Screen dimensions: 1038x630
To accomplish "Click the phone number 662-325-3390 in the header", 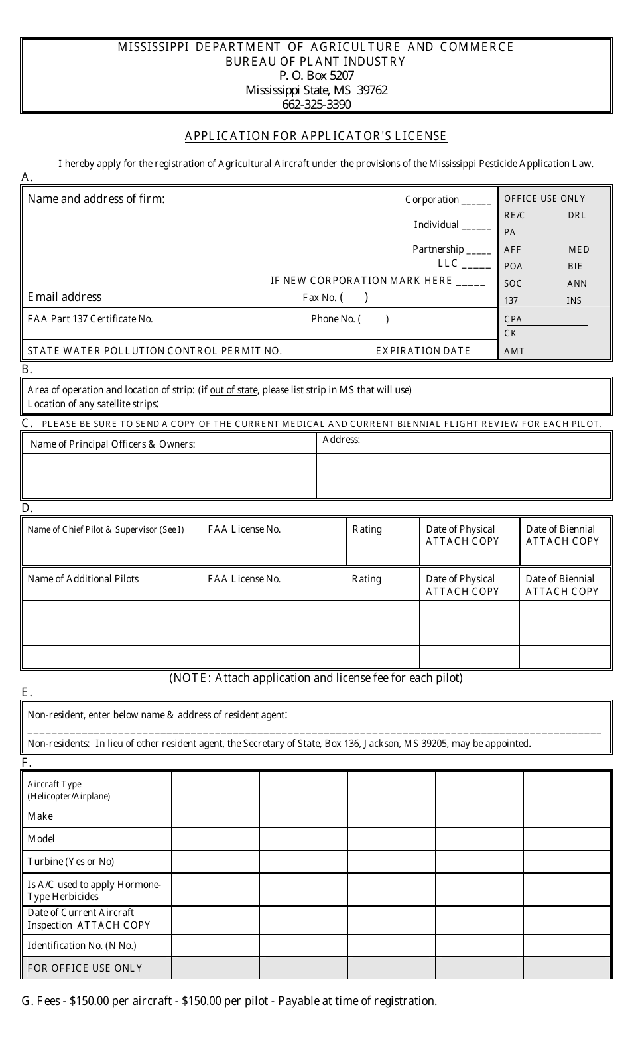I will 316,104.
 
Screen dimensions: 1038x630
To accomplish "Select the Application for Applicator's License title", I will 316,136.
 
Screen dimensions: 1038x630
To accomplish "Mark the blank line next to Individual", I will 475,226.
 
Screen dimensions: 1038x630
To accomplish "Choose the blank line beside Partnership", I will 478,251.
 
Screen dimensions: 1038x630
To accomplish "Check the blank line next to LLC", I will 475,265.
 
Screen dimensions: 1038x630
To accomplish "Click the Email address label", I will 64,297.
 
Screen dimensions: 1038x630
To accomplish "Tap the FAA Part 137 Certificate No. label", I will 90,319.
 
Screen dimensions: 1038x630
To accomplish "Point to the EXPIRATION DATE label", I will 422,351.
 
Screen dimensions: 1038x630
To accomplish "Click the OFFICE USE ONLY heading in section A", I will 544,198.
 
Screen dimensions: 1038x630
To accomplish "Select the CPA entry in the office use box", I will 513,319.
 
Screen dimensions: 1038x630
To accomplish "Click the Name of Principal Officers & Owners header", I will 113,444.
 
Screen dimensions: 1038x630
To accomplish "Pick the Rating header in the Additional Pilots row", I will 366,579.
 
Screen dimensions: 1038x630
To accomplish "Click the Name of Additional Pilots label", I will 83,579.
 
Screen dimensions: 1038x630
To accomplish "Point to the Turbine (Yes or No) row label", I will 71,862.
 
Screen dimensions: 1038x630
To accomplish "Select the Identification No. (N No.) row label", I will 82,946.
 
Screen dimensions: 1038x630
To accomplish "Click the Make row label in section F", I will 40,816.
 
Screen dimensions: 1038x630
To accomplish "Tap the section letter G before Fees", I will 27,1001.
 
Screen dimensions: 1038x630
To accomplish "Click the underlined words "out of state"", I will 233,390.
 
